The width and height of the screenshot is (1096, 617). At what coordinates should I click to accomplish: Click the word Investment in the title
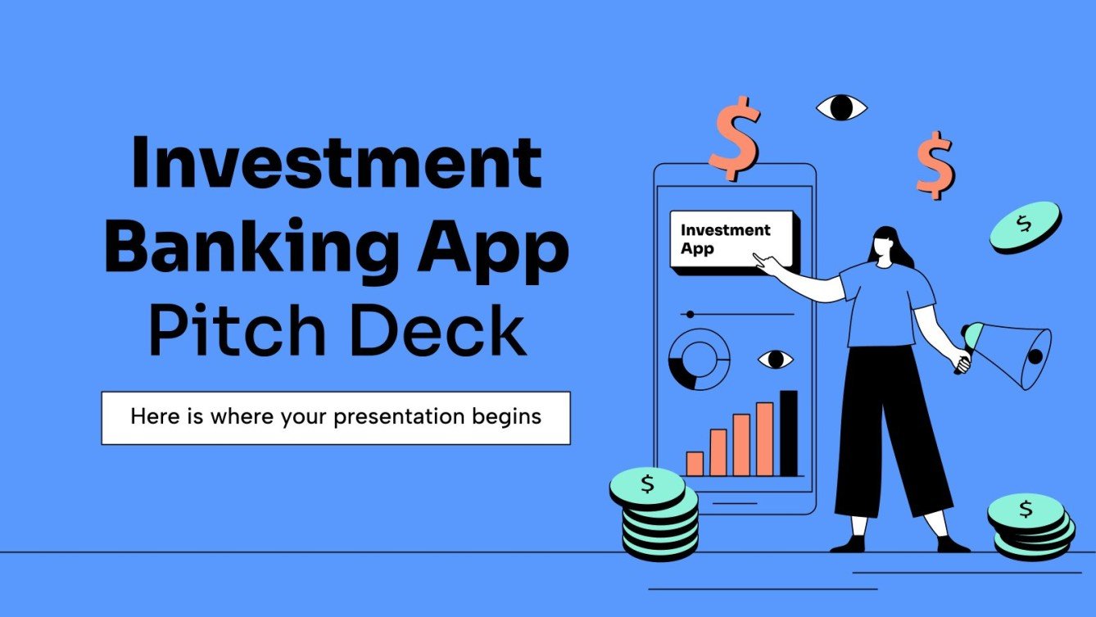(x=336, y=163)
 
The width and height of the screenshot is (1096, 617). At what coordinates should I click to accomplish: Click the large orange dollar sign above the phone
(x=734, y=137)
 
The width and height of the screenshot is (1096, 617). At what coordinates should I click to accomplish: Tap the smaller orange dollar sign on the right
(x=935, y=165)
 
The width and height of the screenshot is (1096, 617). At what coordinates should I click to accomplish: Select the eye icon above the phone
(x=841, y=107)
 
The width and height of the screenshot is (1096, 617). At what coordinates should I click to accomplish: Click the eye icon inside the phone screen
(x=775, y=359)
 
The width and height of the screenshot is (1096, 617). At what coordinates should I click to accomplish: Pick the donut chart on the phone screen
(x=699, y=359)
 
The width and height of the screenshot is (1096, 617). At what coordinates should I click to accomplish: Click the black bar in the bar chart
(x=788, y=433)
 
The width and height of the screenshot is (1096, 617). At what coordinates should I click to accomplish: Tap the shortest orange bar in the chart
(x=695, y=464)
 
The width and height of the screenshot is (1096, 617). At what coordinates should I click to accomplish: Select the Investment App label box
(x=732, y=239)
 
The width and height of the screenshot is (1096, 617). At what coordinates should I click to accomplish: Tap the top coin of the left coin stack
(x=647, y=485)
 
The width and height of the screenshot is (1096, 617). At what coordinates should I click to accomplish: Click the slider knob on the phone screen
(x=691, y=314)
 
